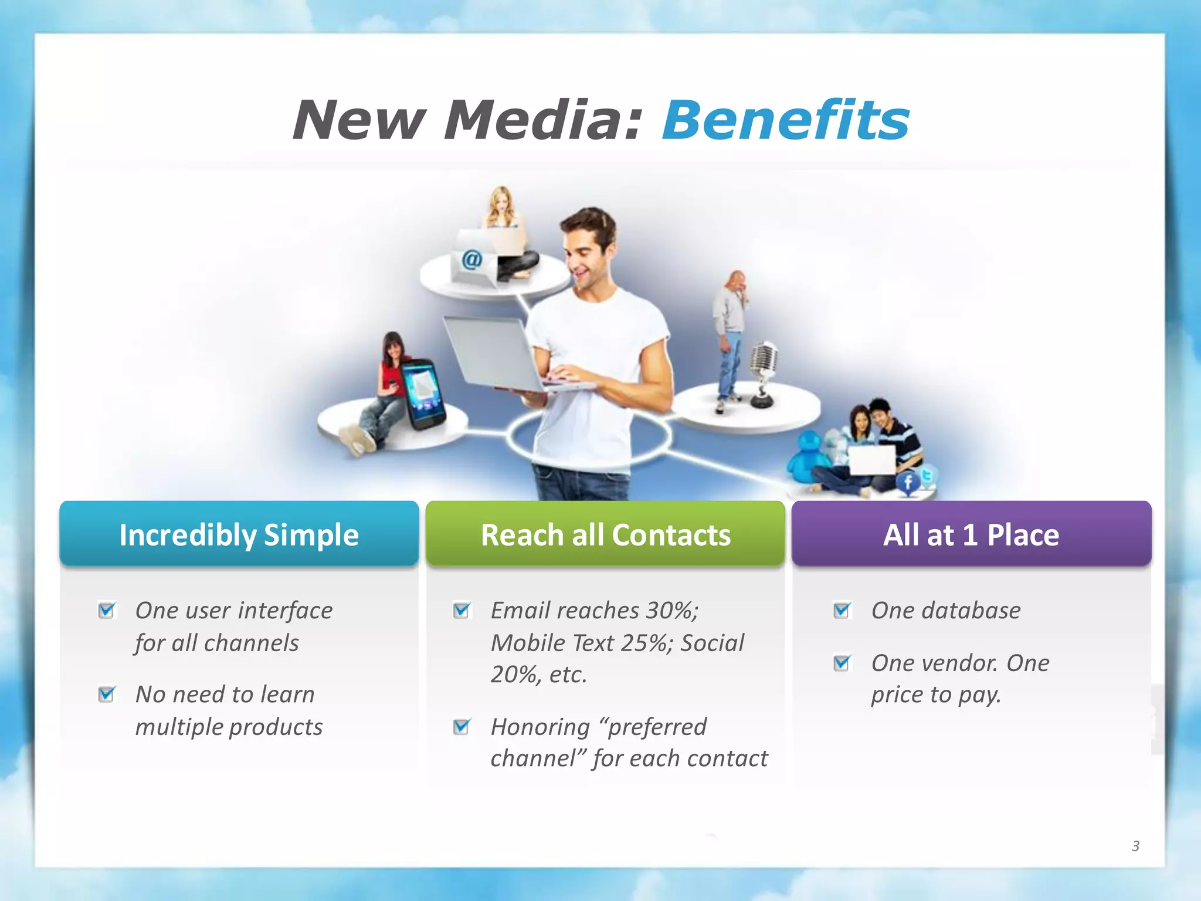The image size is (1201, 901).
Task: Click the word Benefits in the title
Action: click(785, 120)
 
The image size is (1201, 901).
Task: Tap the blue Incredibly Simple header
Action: click(239, 534)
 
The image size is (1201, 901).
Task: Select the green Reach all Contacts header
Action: click(605, 534)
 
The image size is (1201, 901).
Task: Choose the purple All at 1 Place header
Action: click(971, 534)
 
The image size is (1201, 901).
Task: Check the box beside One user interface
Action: click(107, 610)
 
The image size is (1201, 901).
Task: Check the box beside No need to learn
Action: click(107, 694)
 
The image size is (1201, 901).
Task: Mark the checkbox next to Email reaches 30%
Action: click(462, 610)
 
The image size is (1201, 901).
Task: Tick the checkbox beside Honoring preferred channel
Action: click(462, 727)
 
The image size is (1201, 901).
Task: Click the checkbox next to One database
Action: click(842, 610)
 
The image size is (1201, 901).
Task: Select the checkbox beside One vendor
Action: click(842, 663)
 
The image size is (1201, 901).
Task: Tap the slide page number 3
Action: click(1135, 846)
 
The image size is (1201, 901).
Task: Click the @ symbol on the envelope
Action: click(471, 259)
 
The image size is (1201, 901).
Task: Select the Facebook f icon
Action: click(908, 483)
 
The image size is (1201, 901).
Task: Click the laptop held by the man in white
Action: click(498, 355)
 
